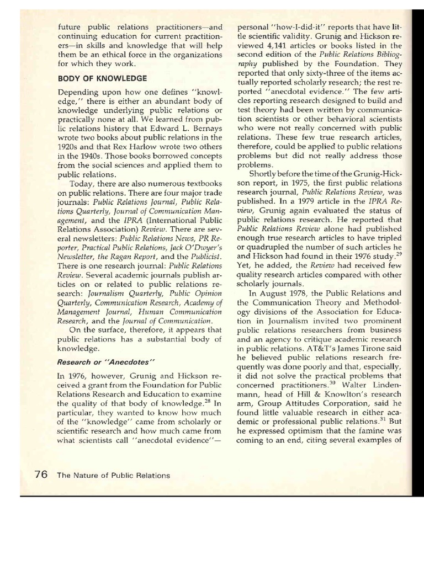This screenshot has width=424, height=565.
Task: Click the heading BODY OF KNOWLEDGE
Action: click(x=103, y=78)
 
